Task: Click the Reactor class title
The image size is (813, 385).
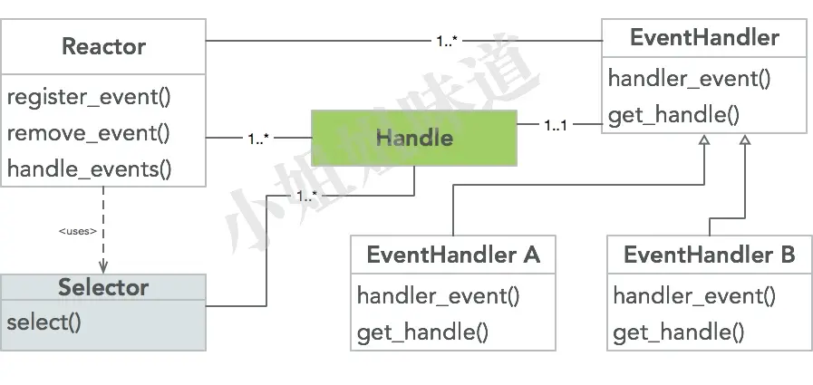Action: tap(103, 46)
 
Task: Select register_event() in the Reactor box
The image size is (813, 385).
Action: tap(89, 98)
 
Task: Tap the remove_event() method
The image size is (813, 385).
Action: tap(89, 133)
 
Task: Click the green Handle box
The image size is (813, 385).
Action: tap(414, 139)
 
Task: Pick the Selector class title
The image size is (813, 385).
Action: tap(103, 288)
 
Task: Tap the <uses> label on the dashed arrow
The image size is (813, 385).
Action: tap(77, 231)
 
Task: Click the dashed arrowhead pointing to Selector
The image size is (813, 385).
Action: tap(103, 266)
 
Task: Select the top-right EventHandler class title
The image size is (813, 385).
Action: tap(704, 38)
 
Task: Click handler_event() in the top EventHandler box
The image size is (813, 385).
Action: tap(689, 78)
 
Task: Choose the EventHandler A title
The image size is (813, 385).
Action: tap(453, 255)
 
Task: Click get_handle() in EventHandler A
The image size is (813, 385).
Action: tap(422, 332)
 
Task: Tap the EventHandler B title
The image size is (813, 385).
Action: tap(709, 255)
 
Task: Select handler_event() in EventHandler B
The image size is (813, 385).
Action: tap(694, 295)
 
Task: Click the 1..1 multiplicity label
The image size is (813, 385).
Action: tap(556, 126)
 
